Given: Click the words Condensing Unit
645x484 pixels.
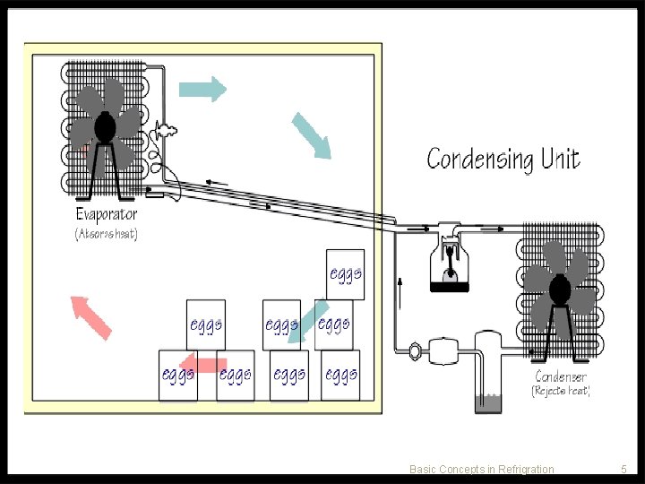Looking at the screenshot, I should pyautogui.click(x=503, y=160).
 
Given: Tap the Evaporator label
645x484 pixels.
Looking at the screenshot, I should pyautogui.click(x=106, y=214).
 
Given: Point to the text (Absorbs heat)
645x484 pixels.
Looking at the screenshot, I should pyautogui.click(x=106, y=234).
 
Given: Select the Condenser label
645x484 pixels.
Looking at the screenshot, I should pyautogui.click(x=561, y=376).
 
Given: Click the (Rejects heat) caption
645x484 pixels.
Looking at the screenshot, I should pyautogui.click(x=561, y=392).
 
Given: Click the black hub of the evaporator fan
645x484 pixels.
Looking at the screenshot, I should pyautogui.click(x=105, y=127).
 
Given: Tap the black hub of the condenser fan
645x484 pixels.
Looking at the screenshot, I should pyautogui.click(x=560, y=289).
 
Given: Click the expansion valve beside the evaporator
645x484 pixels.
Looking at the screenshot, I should pyautogui.click(x=164, y=132).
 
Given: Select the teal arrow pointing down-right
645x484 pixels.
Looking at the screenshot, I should pyautogui.click(x=312, y=134).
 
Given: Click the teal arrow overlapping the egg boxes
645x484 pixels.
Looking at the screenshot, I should pyautogui.click(x=314, y=323).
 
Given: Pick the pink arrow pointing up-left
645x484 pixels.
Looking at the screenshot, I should pyautogui.click(x=90, y=316).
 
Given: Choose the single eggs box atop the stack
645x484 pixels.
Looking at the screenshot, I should pyautogui.click(x=345, y=273).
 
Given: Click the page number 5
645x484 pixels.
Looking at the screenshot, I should pyautogui.click(x=623, y=469).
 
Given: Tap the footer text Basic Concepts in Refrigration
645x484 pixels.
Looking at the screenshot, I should pyautogui.click(x=481, y=469).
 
